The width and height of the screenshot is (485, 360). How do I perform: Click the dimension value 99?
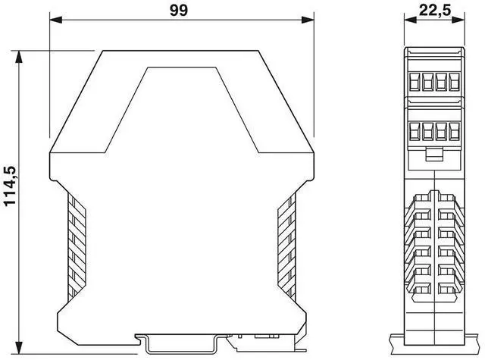pyautogui.click(x=179, y=10)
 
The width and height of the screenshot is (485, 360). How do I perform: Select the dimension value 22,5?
pyautogui.click(x=435, y=10)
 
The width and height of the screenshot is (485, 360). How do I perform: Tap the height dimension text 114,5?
pyautogui.click(x=10, y=186)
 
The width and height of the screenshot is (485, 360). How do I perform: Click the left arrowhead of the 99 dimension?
pyautogui.click(x=56, y=20)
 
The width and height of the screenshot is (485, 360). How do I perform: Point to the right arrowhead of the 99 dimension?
pyautogui.click(x=308, y=20)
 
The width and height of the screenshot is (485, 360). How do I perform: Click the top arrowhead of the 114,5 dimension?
pyautogui.click(x=19, y=57)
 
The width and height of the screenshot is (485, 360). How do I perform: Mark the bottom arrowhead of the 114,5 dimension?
pyautogui.click(x=19, y=347)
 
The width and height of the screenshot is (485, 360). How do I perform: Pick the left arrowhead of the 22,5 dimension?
pyautogui.click(x=410, y=20)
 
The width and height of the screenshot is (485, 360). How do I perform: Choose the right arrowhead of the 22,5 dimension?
pyautogui.click(x=458, y=20)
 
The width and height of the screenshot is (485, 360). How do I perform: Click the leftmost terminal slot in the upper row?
pyautogui.click(x=414, y=82)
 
